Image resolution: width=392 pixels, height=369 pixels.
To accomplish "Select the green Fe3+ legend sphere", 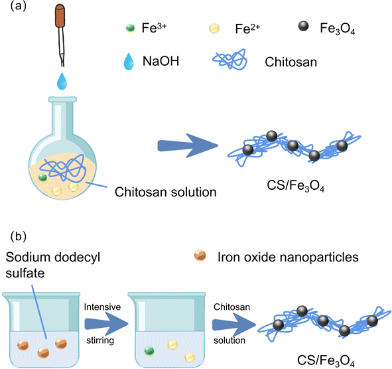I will point(130,28).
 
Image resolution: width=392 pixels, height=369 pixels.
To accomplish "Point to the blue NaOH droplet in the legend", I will point(130,60).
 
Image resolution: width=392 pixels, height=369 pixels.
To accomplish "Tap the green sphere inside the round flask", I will point(44,177).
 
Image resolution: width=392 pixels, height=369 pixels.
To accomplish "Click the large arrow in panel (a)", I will point(189,147).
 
